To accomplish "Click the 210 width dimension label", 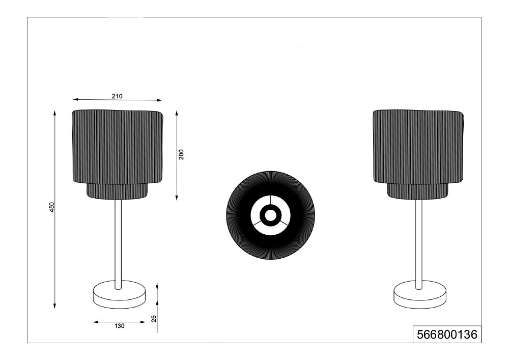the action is (117, 96).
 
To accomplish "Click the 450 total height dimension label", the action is (51, 207).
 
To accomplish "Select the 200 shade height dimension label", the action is (181, 154).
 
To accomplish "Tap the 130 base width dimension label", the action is (120, 326).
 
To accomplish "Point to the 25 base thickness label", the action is (154, 318).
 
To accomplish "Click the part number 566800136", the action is (447, 335).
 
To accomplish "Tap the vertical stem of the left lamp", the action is (118, 244).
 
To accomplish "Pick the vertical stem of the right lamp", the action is (419, 244).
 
